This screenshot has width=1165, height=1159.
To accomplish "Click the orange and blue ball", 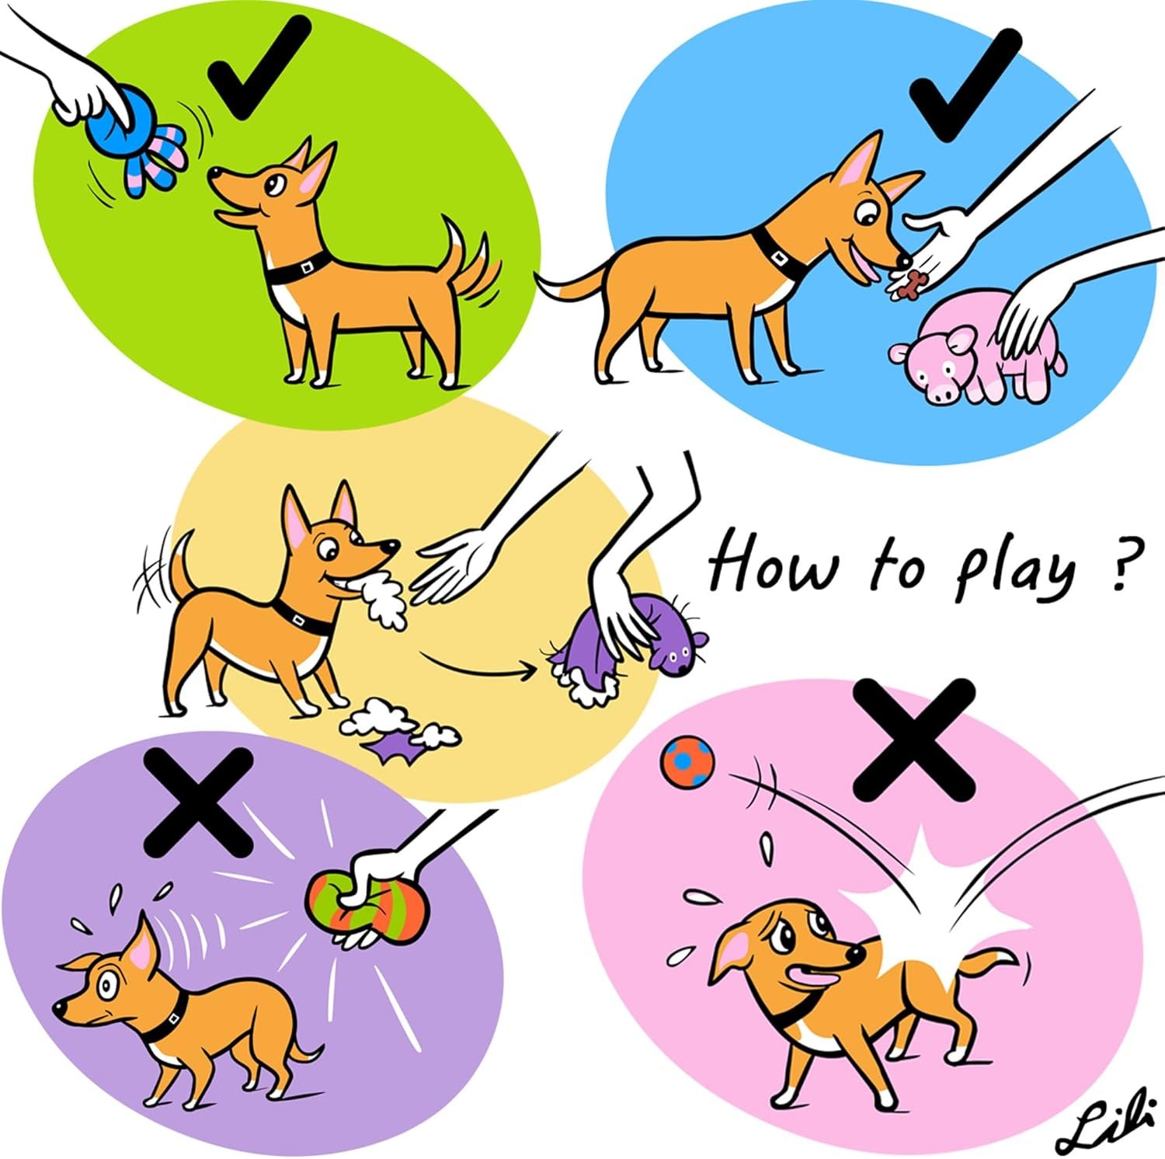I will point(687,761).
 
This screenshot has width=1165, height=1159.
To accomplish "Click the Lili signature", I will point(1103,1126).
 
